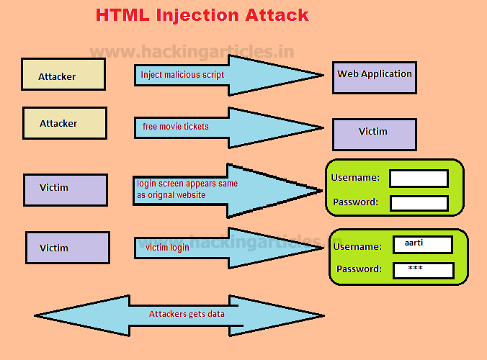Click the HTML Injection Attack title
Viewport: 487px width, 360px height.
tap(202, 15)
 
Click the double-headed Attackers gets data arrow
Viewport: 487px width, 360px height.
tap(179, 315)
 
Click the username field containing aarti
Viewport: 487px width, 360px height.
tap(422, 245)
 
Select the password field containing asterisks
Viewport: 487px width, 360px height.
tap(423, 270)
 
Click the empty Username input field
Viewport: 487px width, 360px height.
tap(419, 179)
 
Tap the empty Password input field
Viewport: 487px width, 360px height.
tap(419, 203)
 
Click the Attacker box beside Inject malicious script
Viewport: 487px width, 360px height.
tap(63, 74)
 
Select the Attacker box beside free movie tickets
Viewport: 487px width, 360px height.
tap(65, 123)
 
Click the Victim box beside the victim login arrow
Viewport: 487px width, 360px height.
tap(68, 247)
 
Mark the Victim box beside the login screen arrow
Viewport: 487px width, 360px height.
tap(66, 189)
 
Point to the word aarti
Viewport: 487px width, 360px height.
tap(414, 243)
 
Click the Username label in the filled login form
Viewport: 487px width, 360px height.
tap(358, 246)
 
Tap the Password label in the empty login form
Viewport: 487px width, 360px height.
tap(354, 202)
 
